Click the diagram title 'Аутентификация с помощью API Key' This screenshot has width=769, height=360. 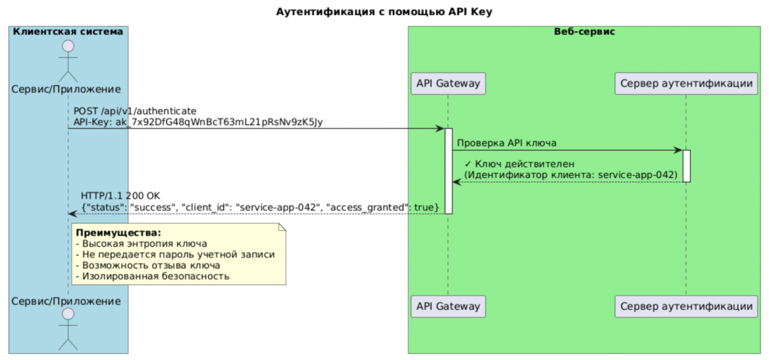pos(384,12)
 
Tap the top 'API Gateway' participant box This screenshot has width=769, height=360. pos(448,84)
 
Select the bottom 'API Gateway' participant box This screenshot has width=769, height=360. pos(448,305)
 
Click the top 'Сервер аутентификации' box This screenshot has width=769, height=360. pos(685,84)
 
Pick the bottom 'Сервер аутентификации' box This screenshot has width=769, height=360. pos(685,305)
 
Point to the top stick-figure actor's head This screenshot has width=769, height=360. pos(67,47)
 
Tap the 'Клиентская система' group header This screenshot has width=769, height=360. pos(67,32)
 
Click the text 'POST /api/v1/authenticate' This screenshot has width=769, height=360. pos(135,111)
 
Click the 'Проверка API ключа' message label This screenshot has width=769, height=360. pos(506,143)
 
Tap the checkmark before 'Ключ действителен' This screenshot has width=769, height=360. pos(468,164)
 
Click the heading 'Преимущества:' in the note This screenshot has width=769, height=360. pos(118,233)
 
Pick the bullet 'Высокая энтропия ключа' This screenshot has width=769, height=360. pos(141,243)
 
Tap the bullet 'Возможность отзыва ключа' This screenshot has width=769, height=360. pos(148,265)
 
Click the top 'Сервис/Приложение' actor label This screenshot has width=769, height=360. pos(67,89)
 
